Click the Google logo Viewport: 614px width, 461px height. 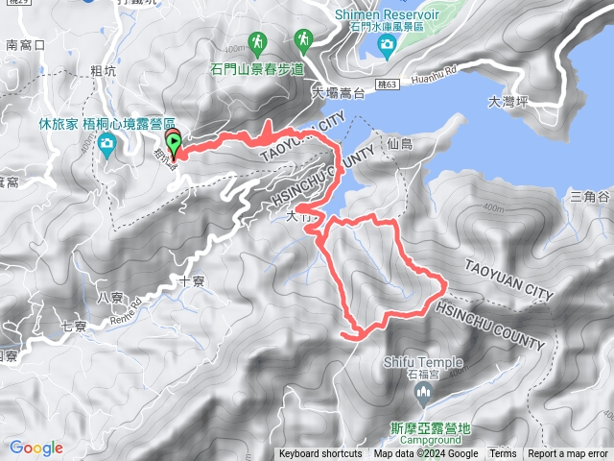pyautogui.click(x=36, y=448)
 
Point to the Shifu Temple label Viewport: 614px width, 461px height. pyautogui.click(x=423, y=362)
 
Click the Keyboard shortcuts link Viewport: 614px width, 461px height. pyautogui.click(x=320, y=454)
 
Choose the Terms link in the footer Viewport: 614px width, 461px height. pyautogui.click(x=502, y=454)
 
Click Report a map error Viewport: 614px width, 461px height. pyautogui.click(x=568, y=454)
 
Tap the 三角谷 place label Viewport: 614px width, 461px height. pyautogui.click(x=590, y=196)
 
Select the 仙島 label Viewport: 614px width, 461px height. pyautogui.click(x=400, y=143)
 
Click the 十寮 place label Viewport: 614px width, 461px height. pyautogui.click(x=191, y=282)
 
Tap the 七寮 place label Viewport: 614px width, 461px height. pyautogui.click(x=74, y=327)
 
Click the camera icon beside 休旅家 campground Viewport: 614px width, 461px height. pyautogui.click(x=107, y=144)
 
